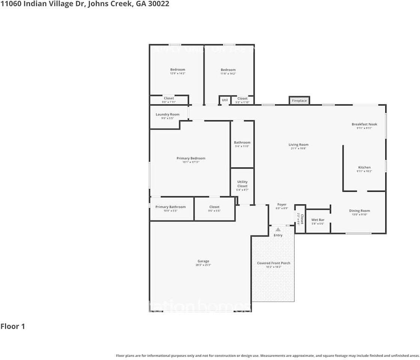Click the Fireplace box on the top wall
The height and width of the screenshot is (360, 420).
point(299,100)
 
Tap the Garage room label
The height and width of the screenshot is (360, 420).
point(203,261)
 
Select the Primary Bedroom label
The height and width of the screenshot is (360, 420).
point(191,158)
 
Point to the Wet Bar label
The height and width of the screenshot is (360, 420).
point(318,220)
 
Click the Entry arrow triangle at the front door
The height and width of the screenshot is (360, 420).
point(278,229)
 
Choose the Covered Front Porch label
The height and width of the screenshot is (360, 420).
point(273,263)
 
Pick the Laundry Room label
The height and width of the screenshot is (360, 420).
point(167,114)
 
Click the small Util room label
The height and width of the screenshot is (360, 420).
point(224,100)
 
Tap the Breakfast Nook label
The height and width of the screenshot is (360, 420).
point(364,124)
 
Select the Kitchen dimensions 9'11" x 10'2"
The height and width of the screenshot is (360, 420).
point(364,171)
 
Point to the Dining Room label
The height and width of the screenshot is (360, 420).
point(359,211)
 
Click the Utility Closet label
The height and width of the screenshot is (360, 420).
point(242,184)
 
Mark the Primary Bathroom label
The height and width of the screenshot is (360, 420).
point(170,207)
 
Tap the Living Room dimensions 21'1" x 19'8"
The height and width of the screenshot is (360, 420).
point(298,148)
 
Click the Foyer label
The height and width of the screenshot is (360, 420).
point(282,205)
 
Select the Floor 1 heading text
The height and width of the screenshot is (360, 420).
point(13,326)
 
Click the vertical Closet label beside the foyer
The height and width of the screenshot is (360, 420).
point(301,219)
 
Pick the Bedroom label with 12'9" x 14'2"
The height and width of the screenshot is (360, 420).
point(178,70)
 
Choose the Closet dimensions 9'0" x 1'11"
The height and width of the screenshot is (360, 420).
point(169,102)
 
